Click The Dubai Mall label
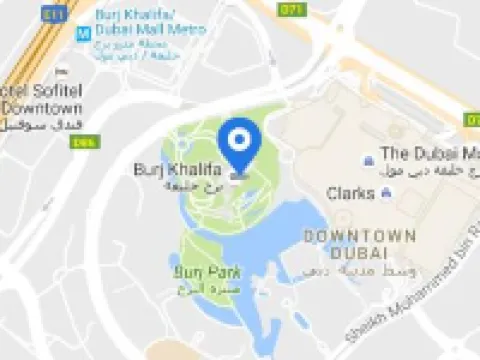coord(430,153)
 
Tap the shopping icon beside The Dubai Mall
coord(369,155)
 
